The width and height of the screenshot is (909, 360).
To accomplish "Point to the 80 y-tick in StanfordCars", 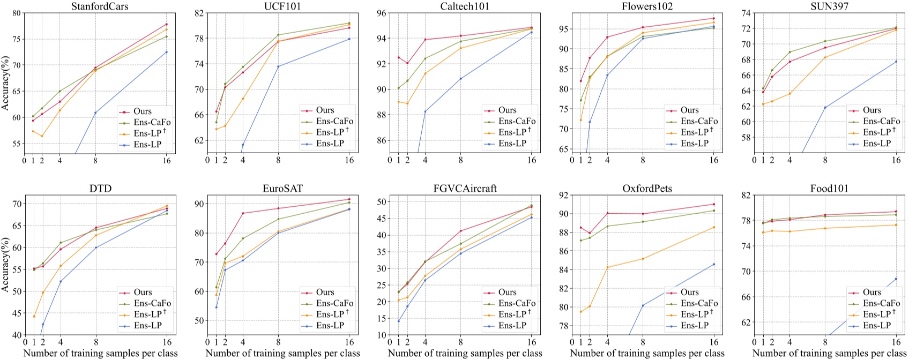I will [17, 13].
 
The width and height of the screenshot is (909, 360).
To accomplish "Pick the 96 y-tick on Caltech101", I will [382, 13].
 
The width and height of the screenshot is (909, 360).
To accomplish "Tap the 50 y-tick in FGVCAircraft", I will [382, 202].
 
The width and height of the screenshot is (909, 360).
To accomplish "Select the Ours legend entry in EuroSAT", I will [325, 292].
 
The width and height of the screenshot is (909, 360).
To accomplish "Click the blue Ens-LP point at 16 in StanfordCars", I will [167, 52].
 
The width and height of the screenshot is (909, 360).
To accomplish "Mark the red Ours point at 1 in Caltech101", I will [398, 57].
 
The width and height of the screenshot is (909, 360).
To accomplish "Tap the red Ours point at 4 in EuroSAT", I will [243, 213].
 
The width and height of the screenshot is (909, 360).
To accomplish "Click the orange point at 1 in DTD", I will [34, 317].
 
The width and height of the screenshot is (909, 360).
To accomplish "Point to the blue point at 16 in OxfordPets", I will [713, 264].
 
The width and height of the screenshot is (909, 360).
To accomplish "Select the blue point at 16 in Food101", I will [896, 279].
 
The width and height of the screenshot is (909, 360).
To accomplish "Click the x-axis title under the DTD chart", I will [100, 354].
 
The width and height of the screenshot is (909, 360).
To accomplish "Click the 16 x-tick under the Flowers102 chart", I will [713, 160].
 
